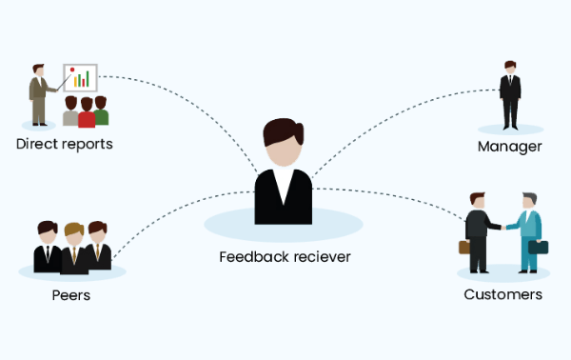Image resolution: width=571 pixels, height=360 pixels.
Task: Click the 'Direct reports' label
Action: [x=64, y=145]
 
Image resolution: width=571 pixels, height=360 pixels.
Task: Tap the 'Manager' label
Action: [x=509, y=147]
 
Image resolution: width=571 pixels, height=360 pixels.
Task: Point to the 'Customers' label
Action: [x=502, y=294]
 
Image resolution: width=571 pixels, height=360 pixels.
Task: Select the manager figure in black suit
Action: [x=511, y=95]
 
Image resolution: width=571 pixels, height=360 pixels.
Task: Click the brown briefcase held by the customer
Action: [x=464, y=247]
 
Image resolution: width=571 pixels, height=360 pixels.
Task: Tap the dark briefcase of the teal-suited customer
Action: [x=538, y=248]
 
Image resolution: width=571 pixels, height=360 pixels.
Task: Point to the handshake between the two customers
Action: [x=501, y=227]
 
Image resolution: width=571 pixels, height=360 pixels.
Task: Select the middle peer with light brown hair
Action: [x=72, y=246]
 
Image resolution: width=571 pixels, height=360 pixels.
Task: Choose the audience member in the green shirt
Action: [x=101, y=112]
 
